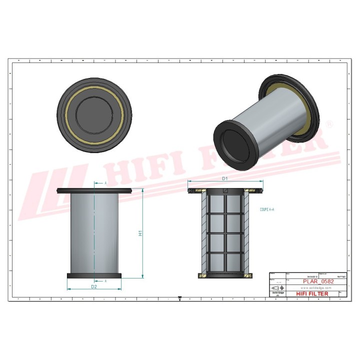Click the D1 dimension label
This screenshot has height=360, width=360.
coord(224,178)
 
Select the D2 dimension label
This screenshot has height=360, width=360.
coord(93,286)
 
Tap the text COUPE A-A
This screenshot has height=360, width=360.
coord(268,211)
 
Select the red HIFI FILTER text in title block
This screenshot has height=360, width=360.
coord(312,293)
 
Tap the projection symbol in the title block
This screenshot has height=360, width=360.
coord(277,288)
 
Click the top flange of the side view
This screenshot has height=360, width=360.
coord(94,190)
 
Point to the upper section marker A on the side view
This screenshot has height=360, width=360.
coord(105,183)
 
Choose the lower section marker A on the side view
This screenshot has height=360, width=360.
coord(105,281)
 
